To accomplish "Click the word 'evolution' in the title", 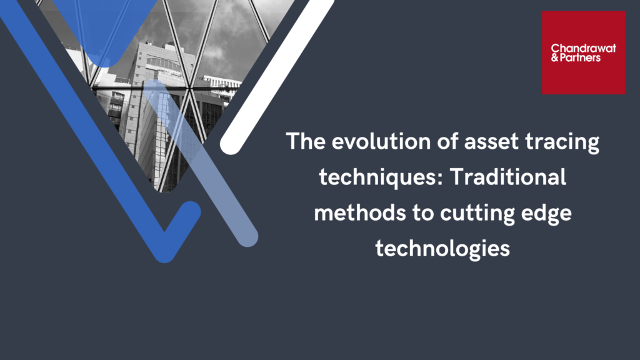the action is [381, 142].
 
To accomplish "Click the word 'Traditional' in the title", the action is [508, 177].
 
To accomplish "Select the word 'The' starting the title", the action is [306, 141].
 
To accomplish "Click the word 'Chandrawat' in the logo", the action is [583, 49].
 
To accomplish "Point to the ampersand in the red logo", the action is [555, 58].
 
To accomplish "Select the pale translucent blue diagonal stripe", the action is [200, 163].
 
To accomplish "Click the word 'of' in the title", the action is [447, 142].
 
